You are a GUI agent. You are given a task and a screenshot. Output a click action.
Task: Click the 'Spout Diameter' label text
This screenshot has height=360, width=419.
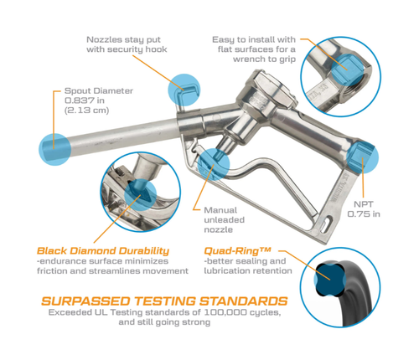pos(99,91)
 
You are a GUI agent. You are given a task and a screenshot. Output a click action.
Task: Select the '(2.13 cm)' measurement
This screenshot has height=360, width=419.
pos(86,111)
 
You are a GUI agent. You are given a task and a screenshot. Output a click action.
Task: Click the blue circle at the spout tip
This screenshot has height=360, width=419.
pos(54,149)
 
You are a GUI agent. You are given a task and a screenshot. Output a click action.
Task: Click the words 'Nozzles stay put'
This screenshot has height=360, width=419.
pos(123,40)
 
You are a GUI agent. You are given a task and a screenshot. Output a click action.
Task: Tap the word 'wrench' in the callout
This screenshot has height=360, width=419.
pos(251,59)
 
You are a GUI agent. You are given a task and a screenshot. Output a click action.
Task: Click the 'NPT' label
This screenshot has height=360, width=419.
pos(364,204)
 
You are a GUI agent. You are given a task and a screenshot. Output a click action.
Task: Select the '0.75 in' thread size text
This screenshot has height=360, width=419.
pos(364,214)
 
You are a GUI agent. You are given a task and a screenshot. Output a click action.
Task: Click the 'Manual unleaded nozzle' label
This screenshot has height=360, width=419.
pos(225,220)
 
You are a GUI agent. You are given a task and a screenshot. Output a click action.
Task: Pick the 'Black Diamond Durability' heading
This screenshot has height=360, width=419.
pos(103,250)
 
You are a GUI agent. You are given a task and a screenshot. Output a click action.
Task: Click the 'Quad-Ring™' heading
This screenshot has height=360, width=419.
pos(237,250)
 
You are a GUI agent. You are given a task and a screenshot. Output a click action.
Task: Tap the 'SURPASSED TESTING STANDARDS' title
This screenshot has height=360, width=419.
pos(164,301)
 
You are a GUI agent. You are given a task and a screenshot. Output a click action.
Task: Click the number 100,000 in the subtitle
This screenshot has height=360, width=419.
pos(225,312)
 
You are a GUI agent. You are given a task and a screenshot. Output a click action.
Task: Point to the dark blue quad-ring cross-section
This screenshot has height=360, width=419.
pos(330,280)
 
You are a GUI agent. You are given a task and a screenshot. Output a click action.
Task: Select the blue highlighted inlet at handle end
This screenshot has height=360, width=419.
pos(362,157)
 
